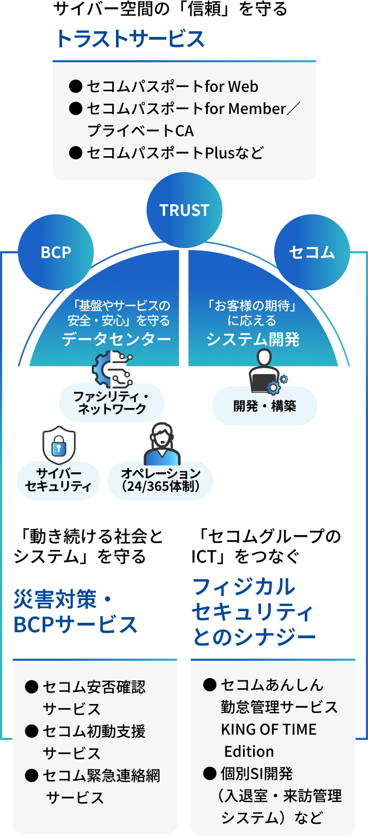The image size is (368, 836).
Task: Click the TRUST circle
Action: pyautogui.click(x=185, y=210)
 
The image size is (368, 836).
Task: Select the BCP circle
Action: pyautogui.click(x=56, y=252)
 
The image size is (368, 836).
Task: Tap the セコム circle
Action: pyautogui.click(x=312, y=252)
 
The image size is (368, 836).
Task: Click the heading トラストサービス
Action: pyautogui.click(x=130, y=39)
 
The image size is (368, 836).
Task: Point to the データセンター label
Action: pyautogui.click(x=117, y=339)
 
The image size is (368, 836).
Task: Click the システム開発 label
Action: pyautogui.click(x=253, y=339)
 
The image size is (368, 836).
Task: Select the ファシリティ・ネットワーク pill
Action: pyautogui.click(x=112, y=403)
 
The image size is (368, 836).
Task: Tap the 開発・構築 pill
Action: pyautogui.click(x=265, y=406)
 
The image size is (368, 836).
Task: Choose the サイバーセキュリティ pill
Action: pyautogui.click(x=59, y=480)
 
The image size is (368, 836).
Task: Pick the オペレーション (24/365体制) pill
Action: pyautogui.click(x=160, y=480)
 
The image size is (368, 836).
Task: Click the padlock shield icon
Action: pyautogui.click(x=59, y=445)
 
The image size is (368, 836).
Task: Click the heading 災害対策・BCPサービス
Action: pyautogui.click(x=75, y=612)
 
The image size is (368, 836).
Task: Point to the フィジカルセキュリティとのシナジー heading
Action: pyautogui.click(x=253, y=612)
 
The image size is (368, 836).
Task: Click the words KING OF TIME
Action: pyautogui.click(x=269, y=729)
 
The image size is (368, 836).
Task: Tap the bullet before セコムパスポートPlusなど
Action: pyautogui.click(x=76, y=153)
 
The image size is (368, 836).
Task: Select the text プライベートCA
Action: pyautogui.click(x=140, y=130)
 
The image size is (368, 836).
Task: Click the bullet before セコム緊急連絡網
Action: pyautogui.click(x=32, y=775)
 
